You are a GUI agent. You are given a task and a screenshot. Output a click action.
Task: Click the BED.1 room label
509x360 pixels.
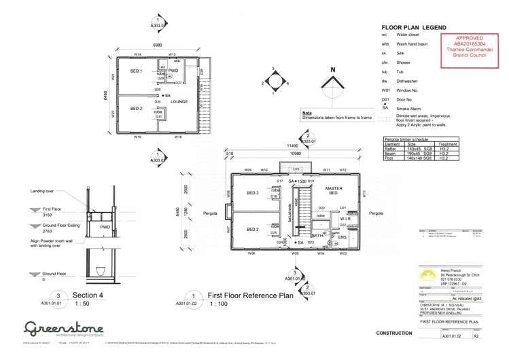[x=137, y=71]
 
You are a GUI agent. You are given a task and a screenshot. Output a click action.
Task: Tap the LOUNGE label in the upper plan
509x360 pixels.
[x=179, y=102]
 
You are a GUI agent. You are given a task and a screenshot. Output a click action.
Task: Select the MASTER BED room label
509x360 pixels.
[x=334, y=190]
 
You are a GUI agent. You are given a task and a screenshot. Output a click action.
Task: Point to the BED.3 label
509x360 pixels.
[x=253, y=194]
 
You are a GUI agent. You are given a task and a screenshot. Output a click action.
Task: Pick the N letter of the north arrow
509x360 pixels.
[x=332, y=70]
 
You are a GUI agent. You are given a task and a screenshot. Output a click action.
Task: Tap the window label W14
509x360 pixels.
[x=137, y=54]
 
